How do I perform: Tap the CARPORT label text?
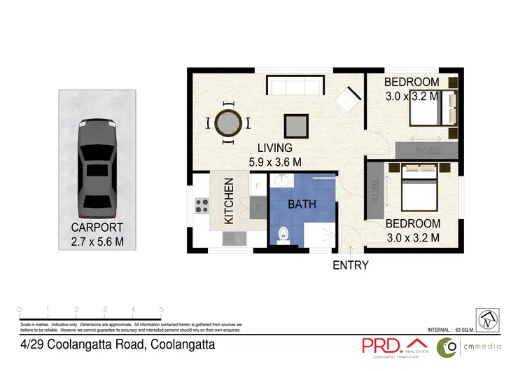(x=97, y=227)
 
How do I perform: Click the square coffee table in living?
(x=295, y=125)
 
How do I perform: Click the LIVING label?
(x=274, y=148)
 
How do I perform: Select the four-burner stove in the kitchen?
(x=202, y=206)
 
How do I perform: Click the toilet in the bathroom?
(x=283, y=234)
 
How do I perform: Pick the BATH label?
(x=302, y=205)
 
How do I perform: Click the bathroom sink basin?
(x=283, y=181)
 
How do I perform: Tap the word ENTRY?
(x=350, y=265)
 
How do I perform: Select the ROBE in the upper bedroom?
(x=426, y=150)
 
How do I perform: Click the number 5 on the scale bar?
(x=162, y=309)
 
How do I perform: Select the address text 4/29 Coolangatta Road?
(x=116, y=345)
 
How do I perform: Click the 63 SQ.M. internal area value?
(x=466, y=329)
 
